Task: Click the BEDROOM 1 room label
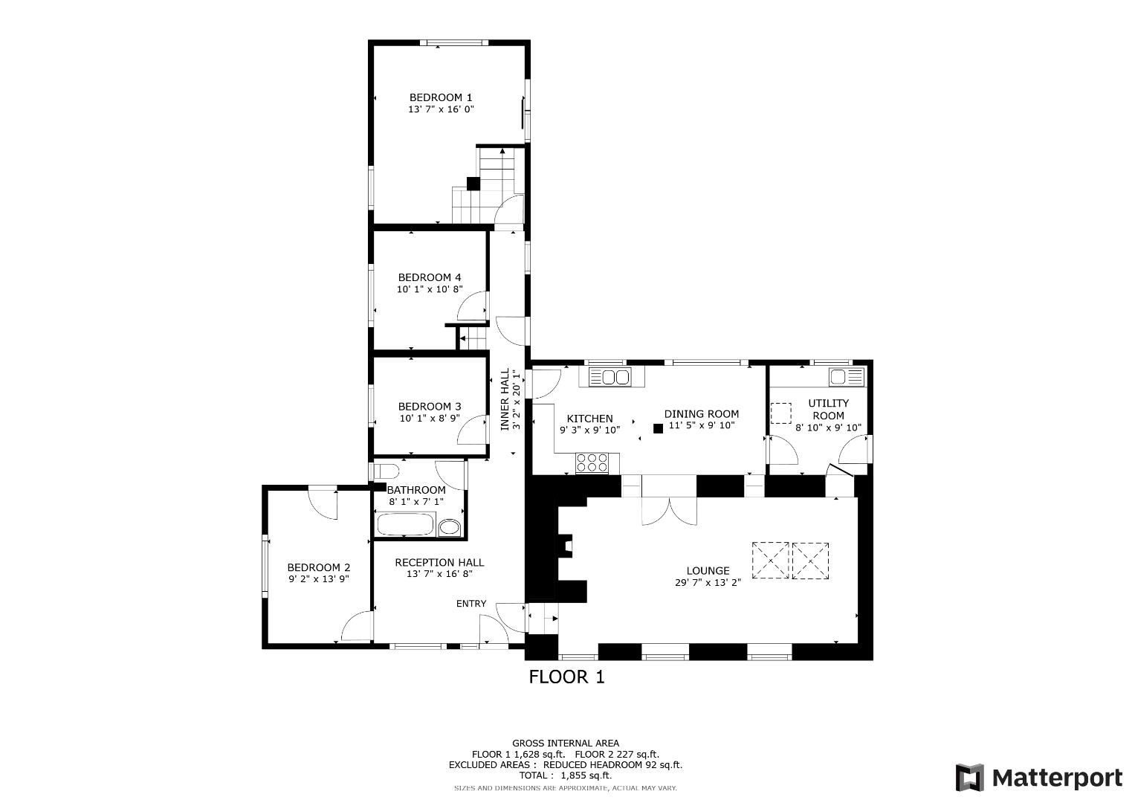[441, 97]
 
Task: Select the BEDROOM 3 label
[430, 407]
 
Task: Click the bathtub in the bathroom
[405, 526]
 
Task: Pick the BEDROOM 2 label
[318, 567]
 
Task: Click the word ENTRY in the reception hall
[471, 604]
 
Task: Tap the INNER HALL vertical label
[505, 400]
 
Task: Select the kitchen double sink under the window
[609, 377]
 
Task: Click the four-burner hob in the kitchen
[592, 463]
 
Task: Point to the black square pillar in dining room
[658, 428]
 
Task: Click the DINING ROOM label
[702, 414]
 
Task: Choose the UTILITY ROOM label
[828, 409]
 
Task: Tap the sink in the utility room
[847, 376]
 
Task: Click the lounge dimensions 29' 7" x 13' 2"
[708, 583]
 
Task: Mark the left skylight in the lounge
[770, 560]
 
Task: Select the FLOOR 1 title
[566, 677]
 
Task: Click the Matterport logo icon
[969, 778]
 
